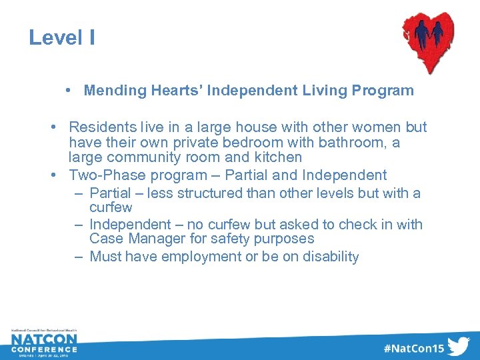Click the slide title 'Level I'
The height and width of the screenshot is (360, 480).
click(61, 38)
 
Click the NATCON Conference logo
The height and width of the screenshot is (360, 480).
click(44, 343)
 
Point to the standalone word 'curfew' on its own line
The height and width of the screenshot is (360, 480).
click(111, 207)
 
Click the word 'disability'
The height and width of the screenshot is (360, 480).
click(329, 257)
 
